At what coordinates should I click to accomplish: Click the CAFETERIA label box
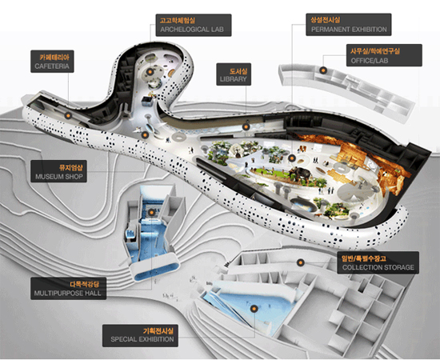click(x=52, y=62)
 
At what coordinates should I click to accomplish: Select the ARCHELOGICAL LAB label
click(x=194, y=25)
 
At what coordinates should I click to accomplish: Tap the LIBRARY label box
click(x=234, y=74)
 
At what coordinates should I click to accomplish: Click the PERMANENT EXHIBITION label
click(x=349, y=25)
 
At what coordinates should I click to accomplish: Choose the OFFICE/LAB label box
click(x=384, y=55)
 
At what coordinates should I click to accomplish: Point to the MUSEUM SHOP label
click(x=58, y=171)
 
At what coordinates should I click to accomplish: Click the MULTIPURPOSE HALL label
click(x=69, y=289)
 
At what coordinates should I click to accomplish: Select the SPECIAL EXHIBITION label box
click(x=140, y=335)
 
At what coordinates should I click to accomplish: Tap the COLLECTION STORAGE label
click(x=378, y=262)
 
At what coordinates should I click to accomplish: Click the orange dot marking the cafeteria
click(x=68, y=115)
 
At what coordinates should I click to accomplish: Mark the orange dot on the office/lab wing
click(x=323, y=70)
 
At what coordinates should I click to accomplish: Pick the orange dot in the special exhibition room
click(x=254, y=309)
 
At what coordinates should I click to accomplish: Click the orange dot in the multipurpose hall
click(x=151, y=213)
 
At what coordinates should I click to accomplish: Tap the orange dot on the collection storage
click(x=301, y=262)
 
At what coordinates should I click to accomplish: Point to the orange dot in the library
click(x=246, y=127)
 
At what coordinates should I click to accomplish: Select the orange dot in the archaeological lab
click(x=150, y=72)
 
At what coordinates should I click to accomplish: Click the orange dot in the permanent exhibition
click(x=292, y=158)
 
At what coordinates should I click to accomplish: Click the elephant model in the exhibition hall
click(x=300, y=174)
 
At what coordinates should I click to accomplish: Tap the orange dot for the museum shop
click(x=145, y=135)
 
